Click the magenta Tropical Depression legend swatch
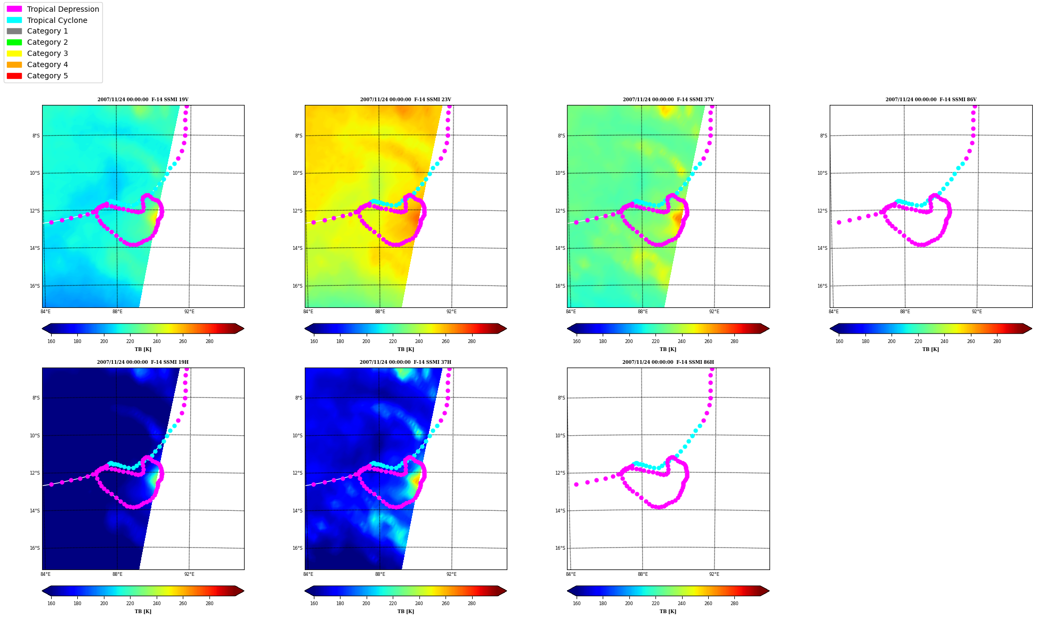coord(14,9)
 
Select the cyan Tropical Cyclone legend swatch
coord(14,20)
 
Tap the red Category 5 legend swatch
coord(14,76)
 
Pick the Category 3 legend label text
coord(47,53)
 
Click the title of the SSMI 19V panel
coord(143,100)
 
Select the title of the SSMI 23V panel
coord(406,100)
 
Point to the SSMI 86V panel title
coord(931,100)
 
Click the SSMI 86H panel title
coord(668,362)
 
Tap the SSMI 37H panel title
coord(406,362)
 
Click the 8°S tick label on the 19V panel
coord(36,136)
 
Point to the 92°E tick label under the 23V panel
coord(451,312)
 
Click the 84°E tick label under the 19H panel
coord(46,574)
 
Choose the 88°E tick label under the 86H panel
coord(643,574)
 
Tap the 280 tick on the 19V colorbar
coord(209,341)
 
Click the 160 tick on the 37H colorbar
coord(314,604)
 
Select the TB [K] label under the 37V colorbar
coord(668,349)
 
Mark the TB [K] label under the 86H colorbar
coord(668,612)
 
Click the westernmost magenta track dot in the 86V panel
coord(839,222)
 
